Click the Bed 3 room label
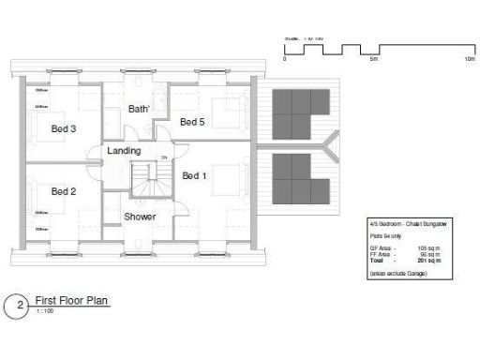(63, 129)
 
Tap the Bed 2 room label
(63, 191)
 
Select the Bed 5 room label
(193, 123)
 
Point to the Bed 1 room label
(195, 176)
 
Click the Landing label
(124, 151)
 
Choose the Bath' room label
(140, 110)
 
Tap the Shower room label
(140, 217)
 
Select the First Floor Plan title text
(71, 301)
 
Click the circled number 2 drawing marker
(15, 305)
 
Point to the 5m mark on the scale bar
(374, 58)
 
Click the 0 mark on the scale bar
(284, 58)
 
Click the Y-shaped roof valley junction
(326, 145)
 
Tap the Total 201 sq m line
(404, 259)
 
